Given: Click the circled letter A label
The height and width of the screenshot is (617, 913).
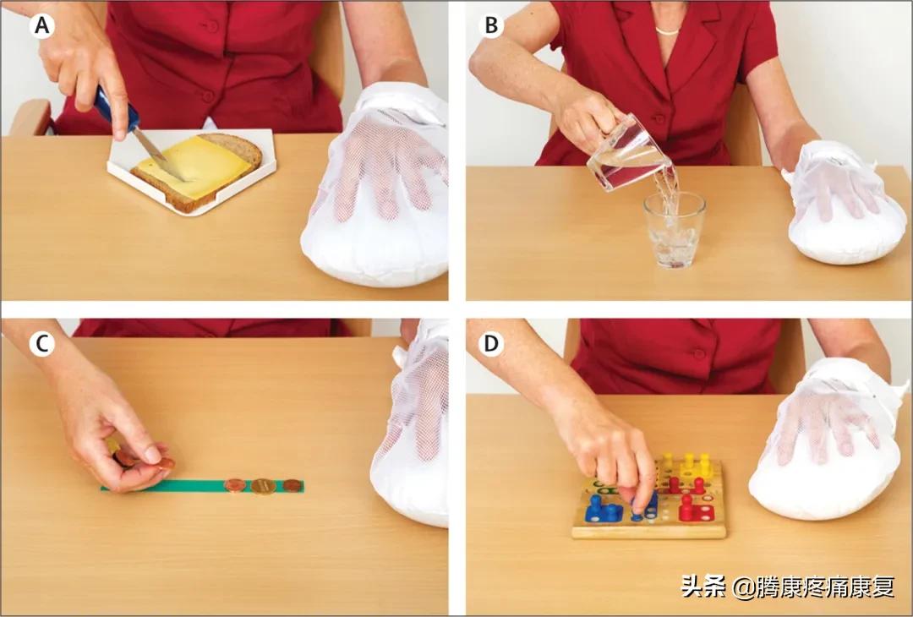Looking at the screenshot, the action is [42, 25].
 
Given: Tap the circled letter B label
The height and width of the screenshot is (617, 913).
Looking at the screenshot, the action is [491, 25].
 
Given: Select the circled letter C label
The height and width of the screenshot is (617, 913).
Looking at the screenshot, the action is [42, 345].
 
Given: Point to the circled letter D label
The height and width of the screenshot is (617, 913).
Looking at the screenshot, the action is [491, 345].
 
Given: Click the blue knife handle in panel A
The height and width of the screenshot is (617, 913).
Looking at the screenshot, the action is [117, 109].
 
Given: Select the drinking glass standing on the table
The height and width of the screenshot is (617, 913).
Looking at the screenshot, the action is [675, 231].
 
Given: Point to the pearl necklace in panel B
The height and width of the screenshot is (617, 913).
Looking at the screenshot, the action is [667, 30].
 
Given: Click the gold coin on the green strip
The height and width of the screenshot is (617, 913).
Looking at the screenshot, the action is [263, 486].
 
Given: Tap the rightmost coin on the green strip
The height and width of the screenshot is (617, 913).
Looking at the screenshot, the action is [292, 485].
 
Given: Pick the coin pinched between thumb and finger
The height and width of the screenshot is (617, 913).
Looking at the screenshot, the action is [166, 463].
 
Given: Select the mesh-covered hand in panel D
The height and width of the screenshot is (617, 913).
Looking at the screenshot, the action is [827, 442].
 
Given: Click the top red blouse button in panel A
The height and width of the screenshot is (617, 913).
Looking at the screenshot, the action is [212, 26].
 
